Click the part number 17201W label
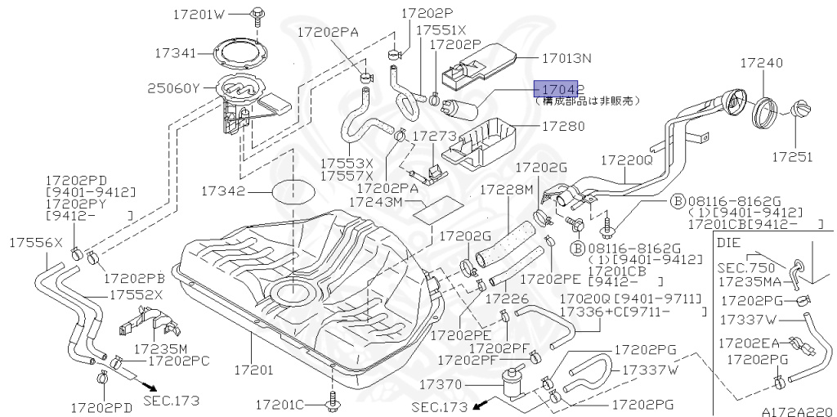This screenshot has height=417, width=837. point(199,15)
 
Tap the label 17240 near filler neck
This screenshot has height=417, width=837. point(762,63)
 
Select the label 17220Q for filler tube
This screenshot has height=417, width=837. point(627,161)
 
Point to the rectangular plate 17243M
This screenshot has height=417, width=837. point(436,210)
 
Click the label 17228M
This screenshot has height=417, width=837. point(506,189)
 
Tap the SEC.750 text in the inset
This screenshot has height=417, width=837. point(745,267)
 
